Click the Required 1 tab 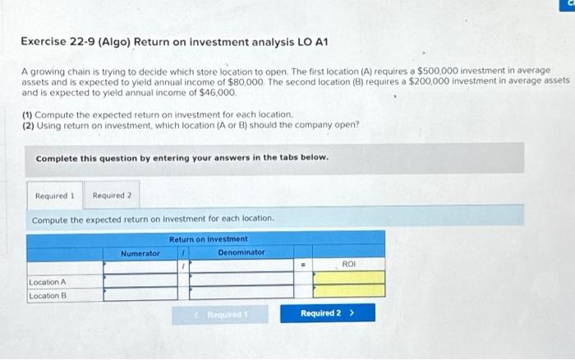[55, 196]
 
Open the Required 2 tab [112, 196]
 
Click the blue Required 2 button [327, 313]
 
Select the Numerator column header [140, 253]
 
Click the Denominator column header [241, 252]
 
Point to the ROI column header [348, 265]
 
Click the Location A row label [48, 281]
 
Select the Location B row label [48, 295]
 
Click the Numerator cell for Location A [140, 281]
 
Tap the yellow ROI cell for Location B [348, 291]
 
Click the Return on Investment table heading [208, 239]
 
